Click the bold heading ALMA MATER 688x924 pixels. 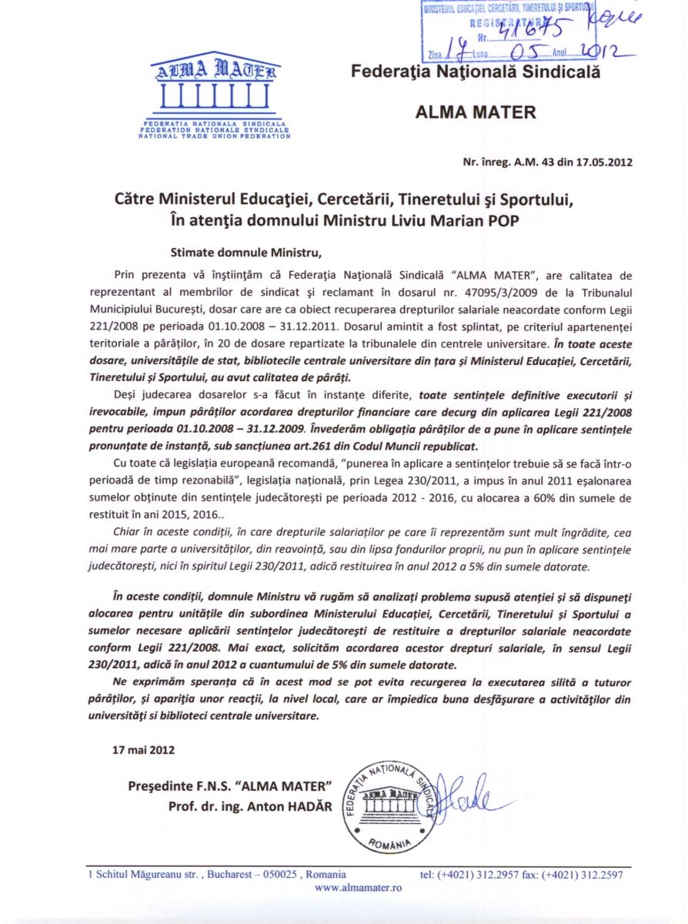coord(475,112)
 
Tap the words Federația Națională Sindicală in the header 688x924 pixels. coord(475,72)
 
